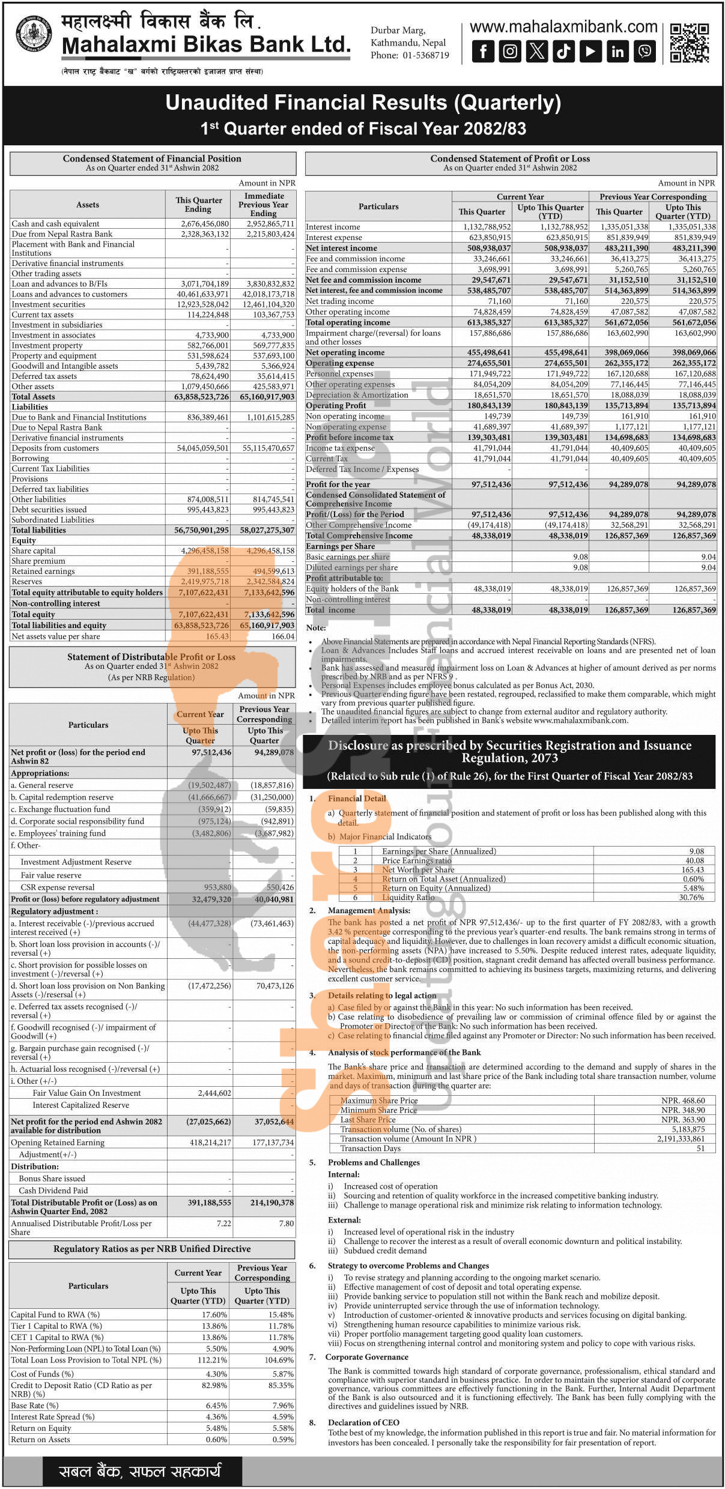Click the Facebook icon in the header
483,51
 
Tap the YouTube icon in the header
590,51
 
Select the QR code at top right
690,43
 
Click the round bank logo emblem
34,34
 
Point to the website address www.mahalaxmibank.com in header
563,27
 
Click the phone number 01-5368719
426,55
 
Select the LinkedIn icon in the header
617,51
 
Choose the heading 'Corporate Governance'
366,1357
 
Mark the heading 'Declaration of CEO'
363,1422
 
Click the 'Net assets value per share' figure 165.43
217,636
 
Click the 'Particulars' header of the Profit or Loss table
378,207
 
